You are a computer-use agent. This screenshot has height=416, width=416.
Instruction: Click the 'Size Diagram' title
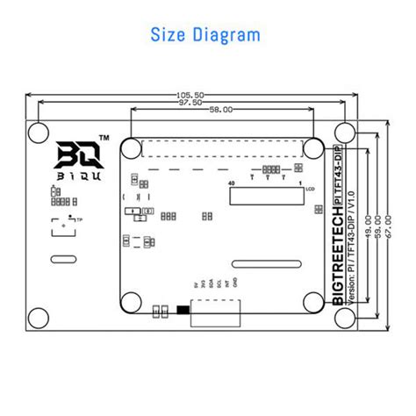click(206, 35)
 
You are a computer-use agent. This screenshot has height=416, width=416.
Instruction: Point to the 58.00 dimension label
click(221, 111)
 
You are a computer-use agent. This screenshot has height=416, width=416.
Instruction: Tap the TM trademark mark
click(104, 139)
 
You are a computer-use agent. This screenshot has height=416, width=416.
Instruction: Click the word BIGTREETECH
click(339, 260)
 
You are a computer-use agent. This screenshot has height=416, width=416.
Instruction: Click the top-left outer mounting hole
click(39, 133)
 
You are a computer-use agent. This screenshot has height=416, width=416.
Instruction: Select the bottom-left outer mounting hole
click(39, 317)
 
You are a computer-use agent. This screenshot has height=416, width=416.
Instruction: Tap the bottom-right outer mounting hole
click(345, 317)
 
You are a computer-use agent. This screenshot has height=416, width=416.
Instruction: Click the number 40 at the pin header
click(232, 183)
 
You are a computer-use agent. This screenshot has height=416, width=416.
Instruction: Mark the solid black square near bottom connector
click(182, 309)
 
